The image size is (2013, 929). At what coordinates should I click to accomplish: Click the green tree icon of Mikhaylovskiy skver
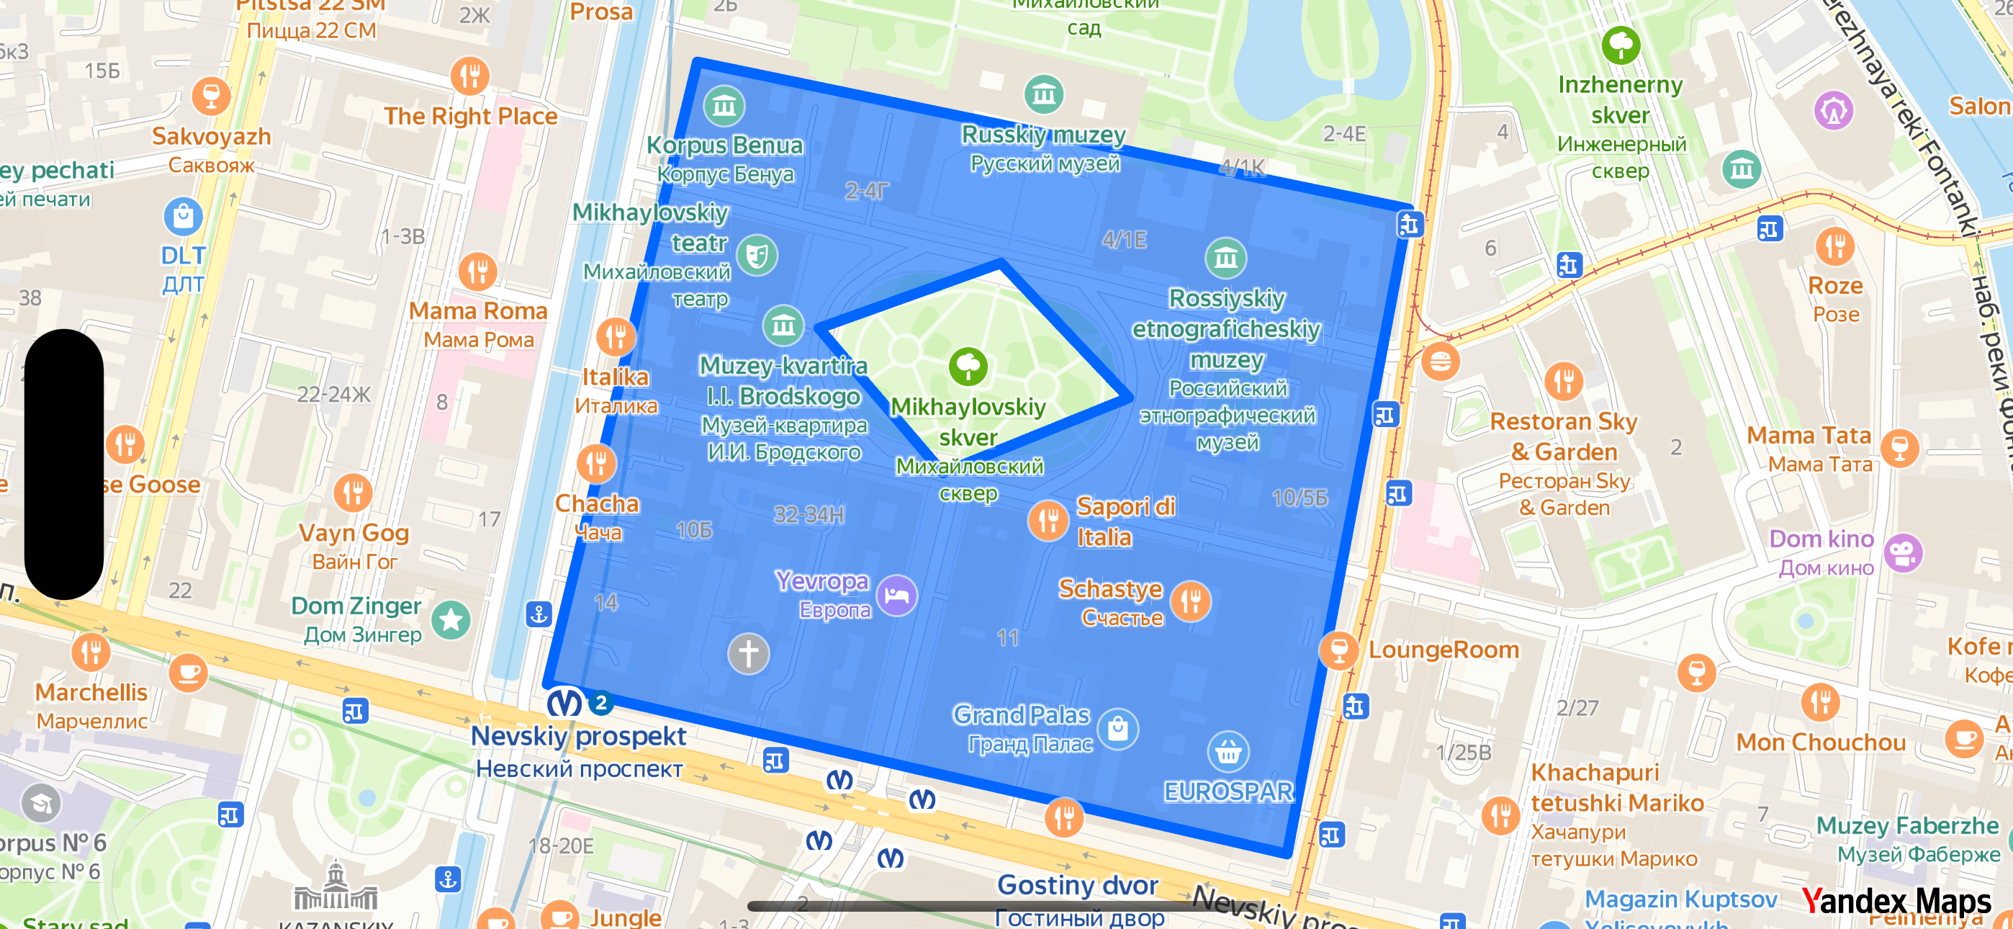tap(968, 366)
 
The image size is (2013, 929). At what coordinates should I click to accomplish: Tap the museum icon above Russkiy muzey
tap(1043, 95)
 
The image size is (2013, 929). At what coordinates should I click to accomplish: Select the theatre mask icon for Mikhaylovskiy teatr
tap(757, 255)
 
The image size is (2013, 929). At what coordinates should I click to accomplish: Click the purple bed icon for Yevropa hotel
tap(896, 596)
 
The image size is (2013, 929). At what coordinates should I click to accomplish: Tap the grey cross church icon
tap(748, 653)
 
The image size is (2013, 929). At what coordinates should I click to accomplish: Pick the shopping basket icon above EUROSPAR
tap(1228, 753)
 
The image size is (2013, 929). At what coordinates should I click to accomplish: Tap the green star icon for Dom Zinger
tap(451, 620)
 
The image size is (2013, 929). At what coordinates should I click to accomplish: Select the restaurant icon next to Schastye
tap(1191, 601)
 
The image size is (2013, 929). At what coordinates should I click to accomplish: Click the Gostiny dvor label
tap(1077, 885)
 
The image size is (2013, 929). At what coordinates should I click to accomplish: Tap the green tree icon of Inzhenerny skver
tap(1621, 45)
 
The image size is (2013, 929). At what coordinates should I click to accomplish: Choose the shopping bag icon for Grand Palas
tap(1117, 729)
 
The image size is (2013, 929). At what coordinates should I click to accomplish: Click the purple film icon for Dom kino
tap(1903, 553)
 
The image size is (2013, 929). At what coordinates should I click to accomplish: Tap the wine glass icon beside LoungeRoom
tap(1338, 650)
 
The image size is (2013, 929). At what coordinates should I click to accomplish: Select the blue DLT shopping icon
tap(183, 217)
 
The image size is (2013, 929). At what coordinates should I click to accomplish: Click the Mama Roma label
tap(477, 311)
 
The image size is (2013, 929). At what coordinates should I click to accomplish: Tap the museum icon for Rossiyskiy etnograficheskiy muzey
tap(1225, 258)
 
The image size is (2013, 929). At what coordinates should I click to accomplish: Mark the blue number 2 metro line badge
tap(600, 702)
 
